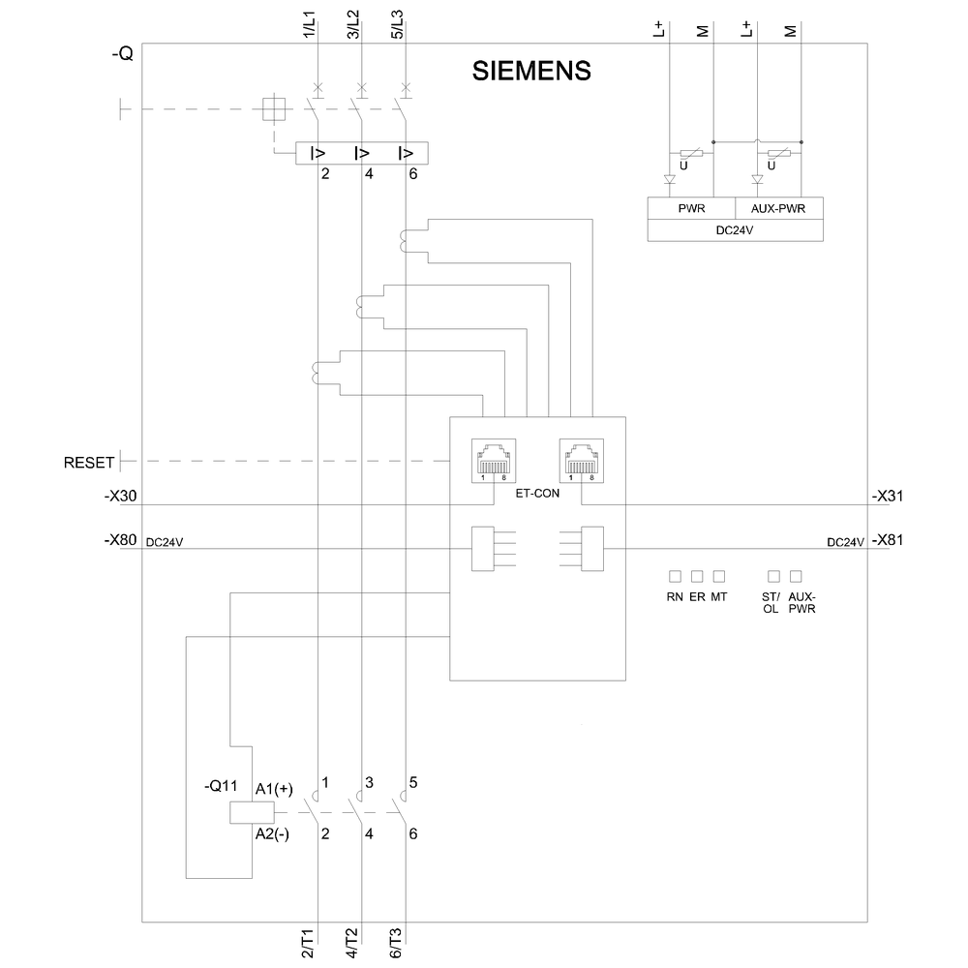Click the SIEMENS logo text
click(530, 72)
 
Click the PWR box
click(691, 208)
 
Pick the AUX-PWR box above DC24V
click(779, 208)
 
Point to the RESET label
click(89, 462)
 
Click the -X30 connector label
click(121, 497)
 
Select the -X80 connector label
click(121, 541)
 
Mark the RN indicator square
click(675, 577)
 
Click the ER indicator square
click(697, 577)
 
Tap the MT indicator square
click(718, 577)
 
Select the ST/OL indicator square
click(772, 577)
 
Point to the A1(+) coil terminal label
click(273, 789)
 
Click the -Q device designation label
click(122, 56)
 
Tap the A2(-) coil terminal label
click(273, 834)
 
